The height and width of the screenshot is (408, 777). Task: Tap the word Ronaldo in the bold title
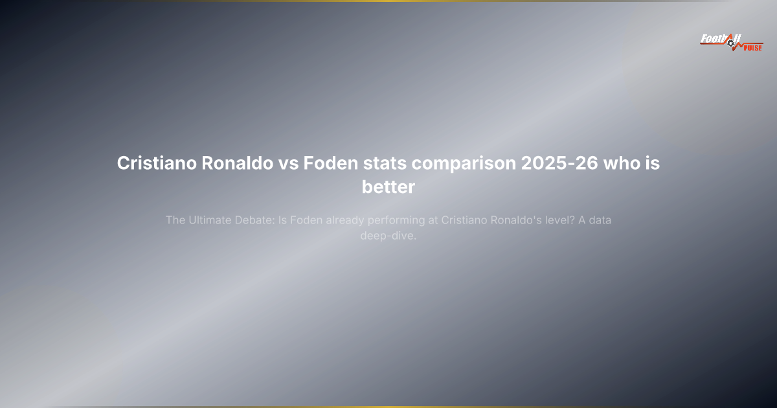tap(242, 164)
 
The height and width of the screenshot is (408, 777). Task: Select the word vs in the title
tap(289, 164)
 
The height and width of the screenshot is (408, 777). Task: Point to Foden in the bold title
tap(330, 164)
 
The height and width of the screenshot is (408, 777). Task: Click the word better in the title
tap(388, 188)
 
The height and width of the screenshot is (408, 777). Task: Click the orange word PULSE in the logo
tap(752, 47)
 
